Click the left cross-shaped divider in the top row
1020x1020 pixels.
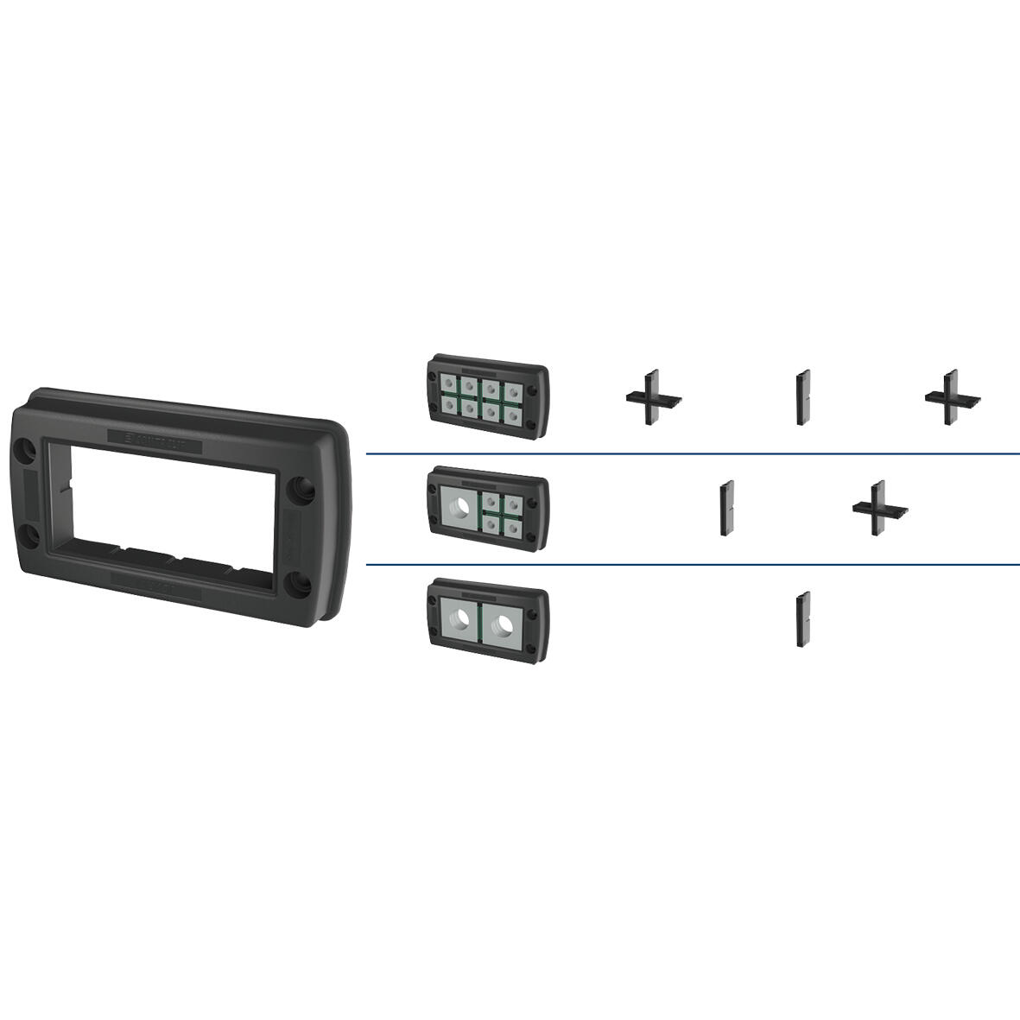(654, 398)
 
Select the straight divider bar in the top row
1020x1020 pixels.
(803, 397)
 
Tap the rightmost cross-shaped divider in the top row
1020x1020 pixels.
(952, 398)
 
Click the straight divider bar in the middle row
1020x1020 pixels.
(727, 508)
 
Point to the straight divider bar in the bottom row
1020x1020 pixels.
(803, 618)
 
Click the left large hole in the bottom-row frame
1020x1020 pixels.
(462, 618)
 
